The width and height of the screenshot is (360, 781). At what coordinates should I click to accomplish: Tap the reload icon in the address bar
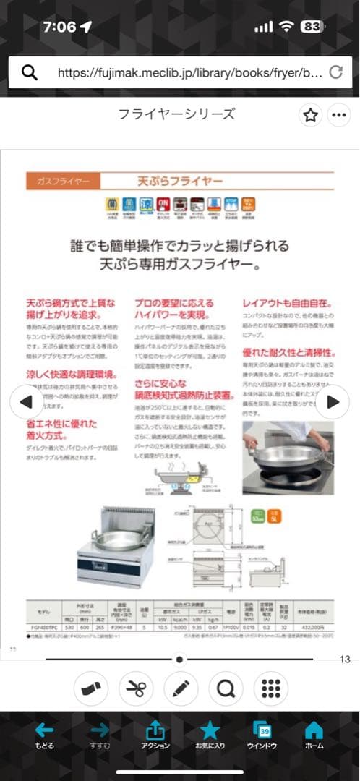coord(335,72)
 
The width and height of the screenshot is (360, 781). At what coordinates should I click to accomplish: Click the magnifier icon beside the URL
coord(30,72)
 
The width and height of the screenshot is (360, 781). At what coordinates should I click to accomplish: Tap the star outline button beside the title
coord(310,115)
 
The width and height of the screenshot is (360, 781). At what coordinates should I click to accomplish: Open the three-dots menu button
coord(338,115)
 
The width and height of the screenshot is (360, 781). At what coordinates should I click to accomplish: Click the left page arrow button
coord(25,402)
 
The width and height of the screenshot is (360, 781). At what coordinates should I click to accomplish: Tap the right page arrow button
coord(333,402)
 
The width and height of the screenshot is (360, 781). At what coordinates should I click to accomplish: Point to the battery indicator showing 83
coord(311,27)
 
